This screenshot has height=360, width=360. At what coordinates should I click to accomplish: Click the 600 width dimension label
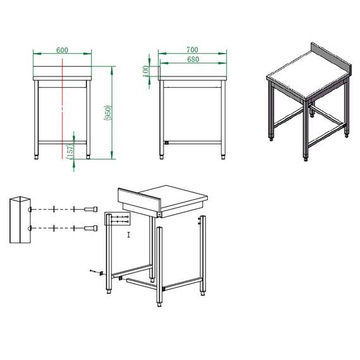point(63,49)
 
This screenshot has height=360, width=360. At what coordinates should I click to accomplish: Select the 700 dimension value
point(192,49)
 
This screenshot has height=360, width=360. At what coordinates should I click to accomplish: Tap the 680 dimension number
point(192,60)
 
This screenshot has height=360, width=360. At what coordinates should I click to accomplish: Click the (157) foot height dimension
point(69,150)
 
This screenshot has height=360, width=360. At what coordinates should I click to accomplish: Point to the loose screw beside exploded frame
point(95,272)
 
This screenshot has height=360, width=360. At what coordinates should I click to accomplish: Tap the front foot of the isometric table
point(308,158)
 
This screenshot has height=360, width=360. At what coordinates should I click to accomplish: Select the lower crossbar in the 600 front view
point(63,140)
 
